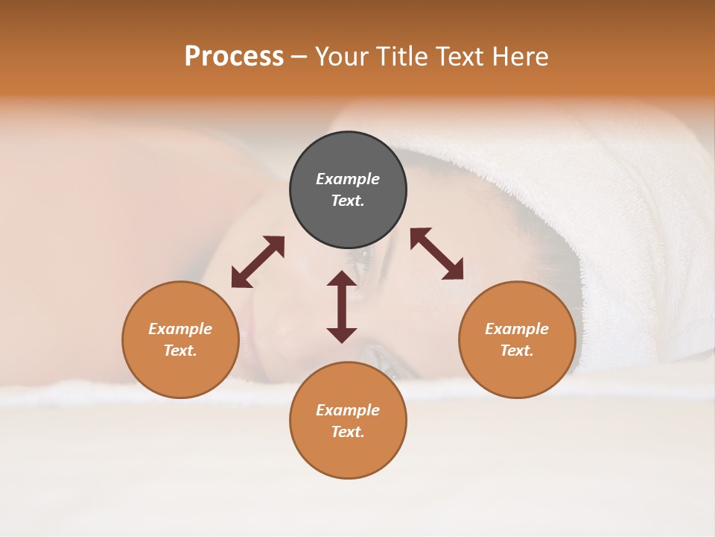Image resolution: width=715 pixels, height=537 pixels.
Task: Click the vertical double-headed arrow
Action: point(342,307)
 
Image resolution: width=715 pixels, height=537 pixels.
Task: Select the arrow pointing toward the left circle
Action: point(258,262)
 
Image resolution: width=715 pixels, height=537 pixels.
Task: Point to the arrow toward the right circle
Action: point(436,254)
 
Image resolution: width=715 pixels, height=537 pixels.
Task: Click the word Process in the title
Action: point(234,57)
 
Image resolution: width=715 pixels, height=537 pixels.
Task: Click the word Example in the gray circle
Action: point(348,179)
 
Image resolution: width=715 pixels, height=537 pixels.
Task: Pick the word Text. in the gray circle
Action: point(348,201)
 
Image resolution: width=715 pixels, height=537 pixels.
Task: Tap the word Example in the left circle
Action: point(180,329)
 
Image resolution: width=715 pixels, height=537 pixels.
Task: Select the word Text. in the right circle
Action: point(517,351)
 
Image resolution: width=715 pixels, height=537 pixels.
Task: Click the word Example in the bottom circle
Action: point(348,410)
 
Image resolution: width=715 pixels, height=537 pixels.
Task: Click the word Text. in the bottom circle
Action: point(348,432)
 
